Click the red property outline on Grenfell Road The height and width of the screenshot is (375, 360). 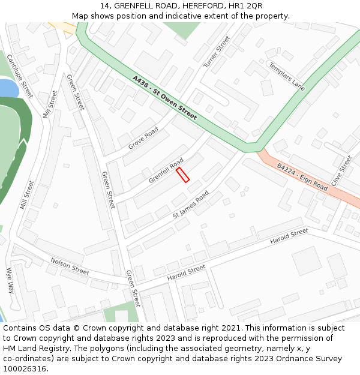coord(183,175)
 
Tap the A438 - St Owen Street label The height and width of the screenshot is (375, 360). coord(164,97)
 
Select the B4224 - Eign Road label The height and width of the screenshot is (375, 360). coord(302,178)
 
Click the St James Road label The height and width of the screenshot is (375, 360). coord(190,205)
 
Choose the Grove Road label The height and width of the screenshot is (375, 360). coord(143,138)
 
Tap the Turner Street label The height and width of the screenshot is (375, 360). coord(217,52)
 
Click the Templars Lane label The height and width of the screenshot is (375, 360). coord(286,77)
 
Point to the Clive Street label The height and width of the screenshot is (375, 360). coord(341,172)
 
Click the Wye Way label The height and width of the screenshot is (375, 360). coord(10,280)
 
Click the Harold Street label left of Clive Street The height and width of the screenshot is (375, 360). coord(289,236)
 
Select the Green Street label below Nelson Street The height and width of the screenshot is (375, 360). coord(133,288)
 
